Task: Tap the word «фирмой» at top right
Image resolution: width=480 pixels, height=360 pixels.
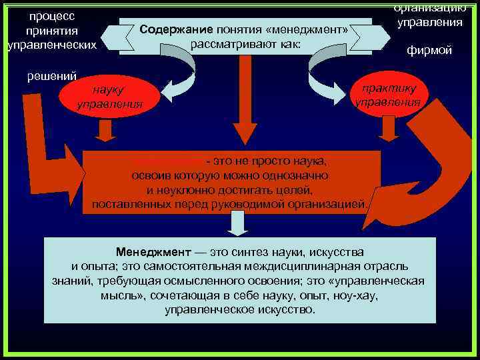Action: [x=430, y=51]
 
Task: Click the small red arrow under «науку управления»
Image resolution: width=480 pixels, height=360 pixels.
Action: [x=105, y=130]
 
